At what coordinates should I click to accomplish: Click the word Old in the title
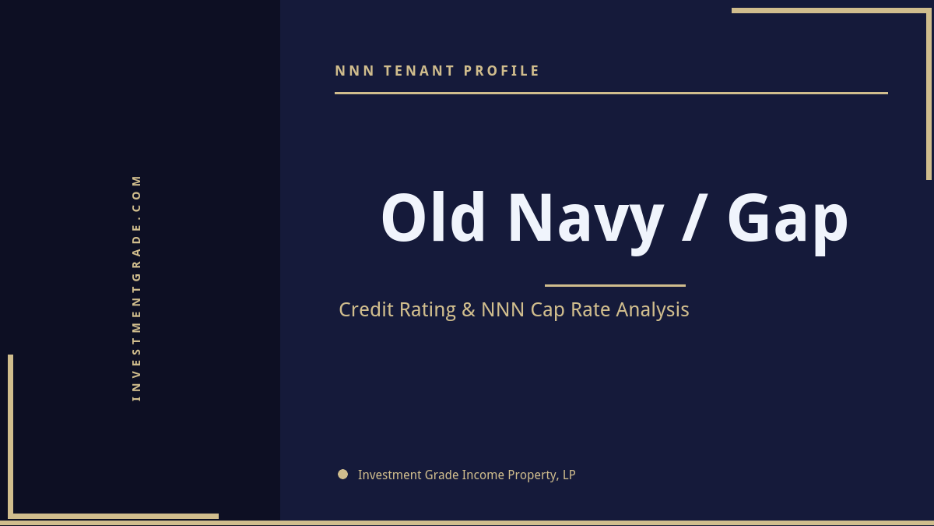click(433, 218)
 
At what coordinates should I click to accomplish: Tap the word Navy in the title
click(585, 220)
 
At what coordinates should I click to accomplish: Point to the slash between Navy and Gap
click(695, 218)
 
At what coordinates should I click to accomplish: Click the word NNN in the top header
click(355, 71)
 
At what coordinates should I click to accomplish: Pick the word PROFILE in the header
click(502, 71)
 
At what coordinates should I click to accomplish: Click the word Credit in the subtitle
click(367, 309)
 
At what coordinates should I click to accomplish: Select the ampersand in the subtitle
click(469, 309)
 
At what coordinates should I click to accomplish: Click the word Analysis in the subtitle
click(652, 310)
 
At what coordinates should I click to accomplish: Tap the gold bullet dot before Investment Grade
click(342, 474)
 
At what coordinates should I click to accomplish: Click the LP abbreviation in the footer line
click(569, 475)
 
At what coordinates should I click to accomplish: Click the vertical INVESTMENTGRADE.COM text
click(137, 288)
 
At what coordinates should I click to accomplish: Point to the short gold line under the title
click(615, 285)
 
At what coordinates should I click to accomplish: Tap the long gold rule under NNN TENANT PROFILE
click(611, 93)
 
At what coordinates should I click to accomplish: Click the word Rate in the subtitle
click(591, 309)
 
